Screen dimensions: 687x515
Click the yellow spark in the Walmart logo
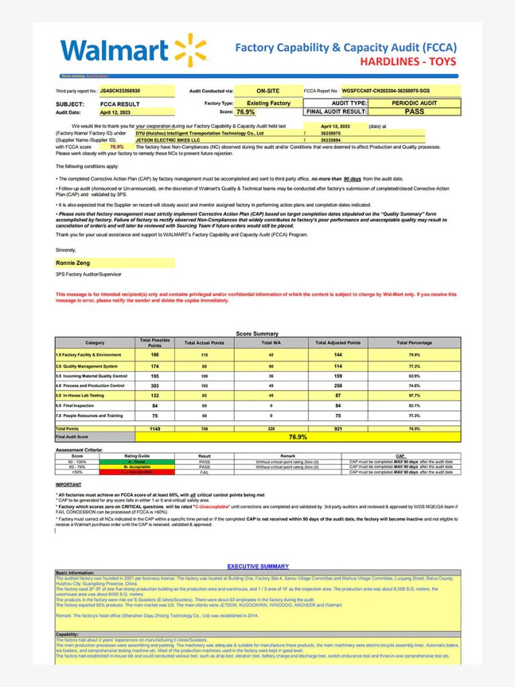(x=190, y=50)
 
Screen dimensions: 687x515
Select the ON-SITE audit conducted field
(x=268, y=91)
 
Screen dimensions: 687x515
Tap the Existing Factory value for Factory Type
(x=268, y=103)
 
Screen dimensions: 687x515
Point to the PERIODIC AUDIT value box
(x=414, y=103)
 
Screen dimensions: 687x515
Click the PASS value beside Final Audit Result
(x=414, y=112)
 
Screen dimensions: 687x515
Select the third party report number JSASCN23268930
(x=121, y=91)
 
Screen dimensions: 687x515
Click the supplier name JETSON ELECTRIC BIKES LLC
(x=163, y=140)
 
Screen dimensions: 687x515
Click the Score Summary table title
(x=257, y=333)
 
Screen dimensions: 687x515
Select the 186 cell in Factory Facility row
(x=155, y=354)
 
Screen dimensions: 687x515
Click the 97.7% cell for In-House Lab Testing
(x=414, y=397)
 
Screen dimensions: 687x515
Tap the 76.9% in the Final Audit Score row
(x=298, y=437)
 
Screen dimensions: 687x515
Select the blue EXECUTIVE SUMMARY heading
(x=257, y=566)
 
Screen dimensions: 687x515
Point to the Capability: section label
(x=67, y=634)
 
